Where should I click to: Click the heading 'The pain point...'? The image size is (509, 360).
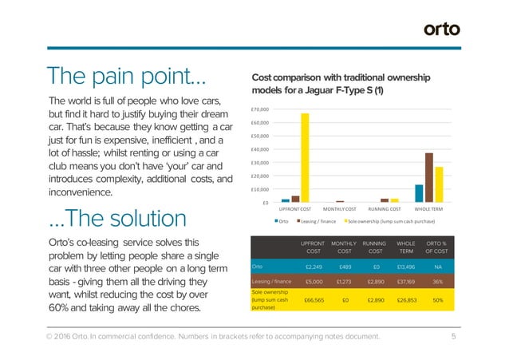click(128, 79)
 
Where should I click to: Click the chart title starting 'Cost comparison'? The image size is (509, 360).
click(341, 85)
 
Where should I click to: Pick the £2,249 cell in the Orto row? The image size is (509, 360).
click(314, 266)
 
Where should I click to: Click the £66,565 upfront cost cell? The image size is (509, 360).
click(314, 300)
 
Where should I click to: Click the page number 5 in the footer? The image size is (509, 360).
click(453, 337)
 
